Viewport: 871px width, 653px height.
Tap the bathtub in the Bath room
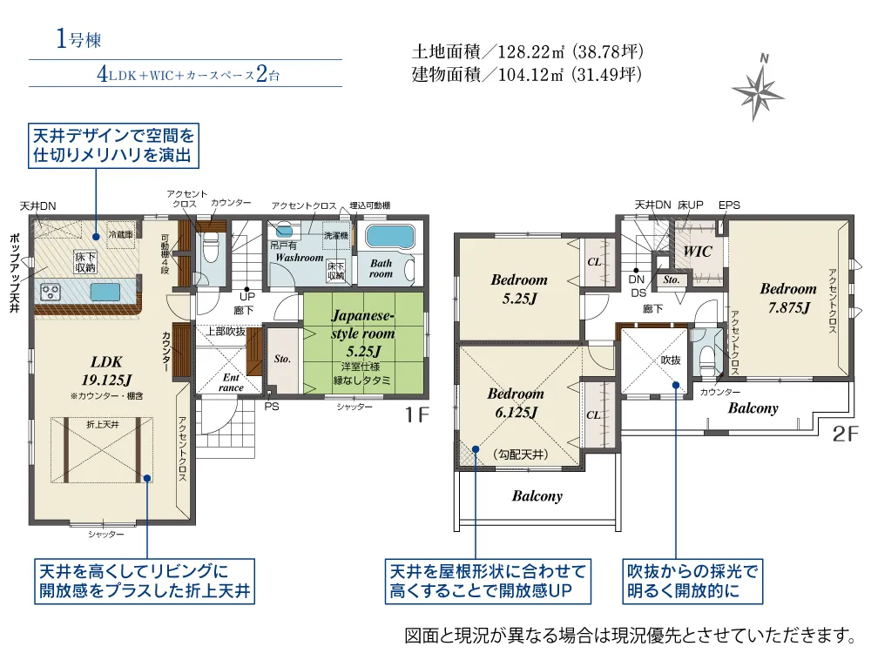click(x=390, y=237)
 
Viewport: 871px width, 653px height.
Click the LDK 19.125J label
click(x=105, y=369)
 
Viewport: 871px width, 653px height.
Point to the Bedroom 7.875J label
click(x=787, y=298)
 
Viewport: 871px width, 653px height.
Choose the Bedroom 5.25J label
click(x=519, y=288)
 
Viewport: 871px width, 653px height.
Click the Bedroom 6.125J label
click(x=516, y=402)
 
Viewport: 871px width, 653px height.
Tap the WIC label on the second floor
click(x=699, y=252)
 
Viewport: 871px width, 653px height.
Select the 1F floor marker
click(x=417, y=415)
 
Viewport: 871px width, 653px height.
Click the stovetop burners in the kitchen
click(x=49, y=291)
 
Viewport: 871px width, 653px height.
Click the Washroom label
click(x=300, y=259)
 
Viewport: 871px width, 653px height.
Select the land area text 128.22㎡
click(x=527, y=52)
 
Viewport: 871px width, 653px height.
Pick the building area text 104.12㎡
click(x=527, y=75)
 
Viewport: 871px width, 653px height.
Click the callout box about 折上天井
click(x=145, y=582)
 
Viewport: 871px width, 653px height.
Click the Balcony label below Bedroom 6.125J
click(x=537, y=496)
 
